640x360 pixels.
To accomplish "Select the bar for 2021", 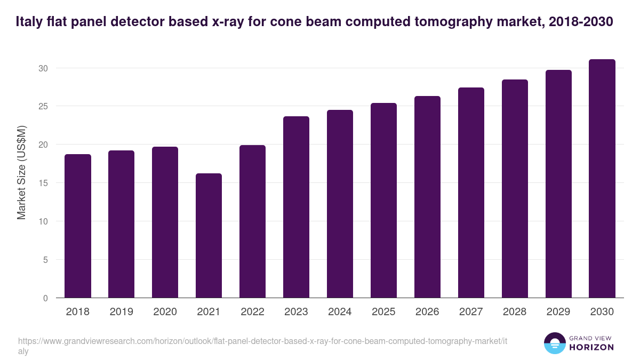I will click(x=209, y=235).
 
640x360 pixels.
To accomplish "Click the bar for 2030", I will click(x=602, y=179).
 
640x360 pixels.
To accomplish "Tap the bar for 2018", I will click(x=78, y=226).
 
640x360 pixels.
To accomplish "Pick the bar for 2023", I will click(x=296, y=207).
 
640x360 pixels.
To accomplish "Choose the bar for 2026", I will click(x=427, y=197).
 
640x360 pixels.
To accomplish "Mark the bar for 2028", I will click(x=515, y=188).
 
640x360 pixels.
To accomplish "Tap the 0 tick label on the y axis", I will click(x=45, y=298).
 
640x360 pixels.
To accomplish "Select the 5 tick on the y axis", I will click(x=45, y=260).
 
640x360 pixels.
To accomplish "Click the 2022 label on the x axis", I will click(x=252, y=312).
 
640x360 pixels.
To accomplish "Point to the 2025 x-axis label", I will click(x=383, y=312).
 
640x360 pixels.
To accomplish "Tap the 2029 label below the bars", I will click(x=558, y=312).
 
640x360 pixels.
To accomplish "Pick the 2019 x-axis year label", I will click(x=121, y=312).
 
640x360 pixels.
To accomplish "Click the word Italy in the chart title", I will click(x=28, y=22).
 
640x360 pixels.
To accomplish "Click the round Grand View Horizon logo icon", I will click(x=554, y=343).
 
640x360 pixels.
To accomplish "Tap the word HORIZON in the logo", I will click(x=591, y=347).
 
